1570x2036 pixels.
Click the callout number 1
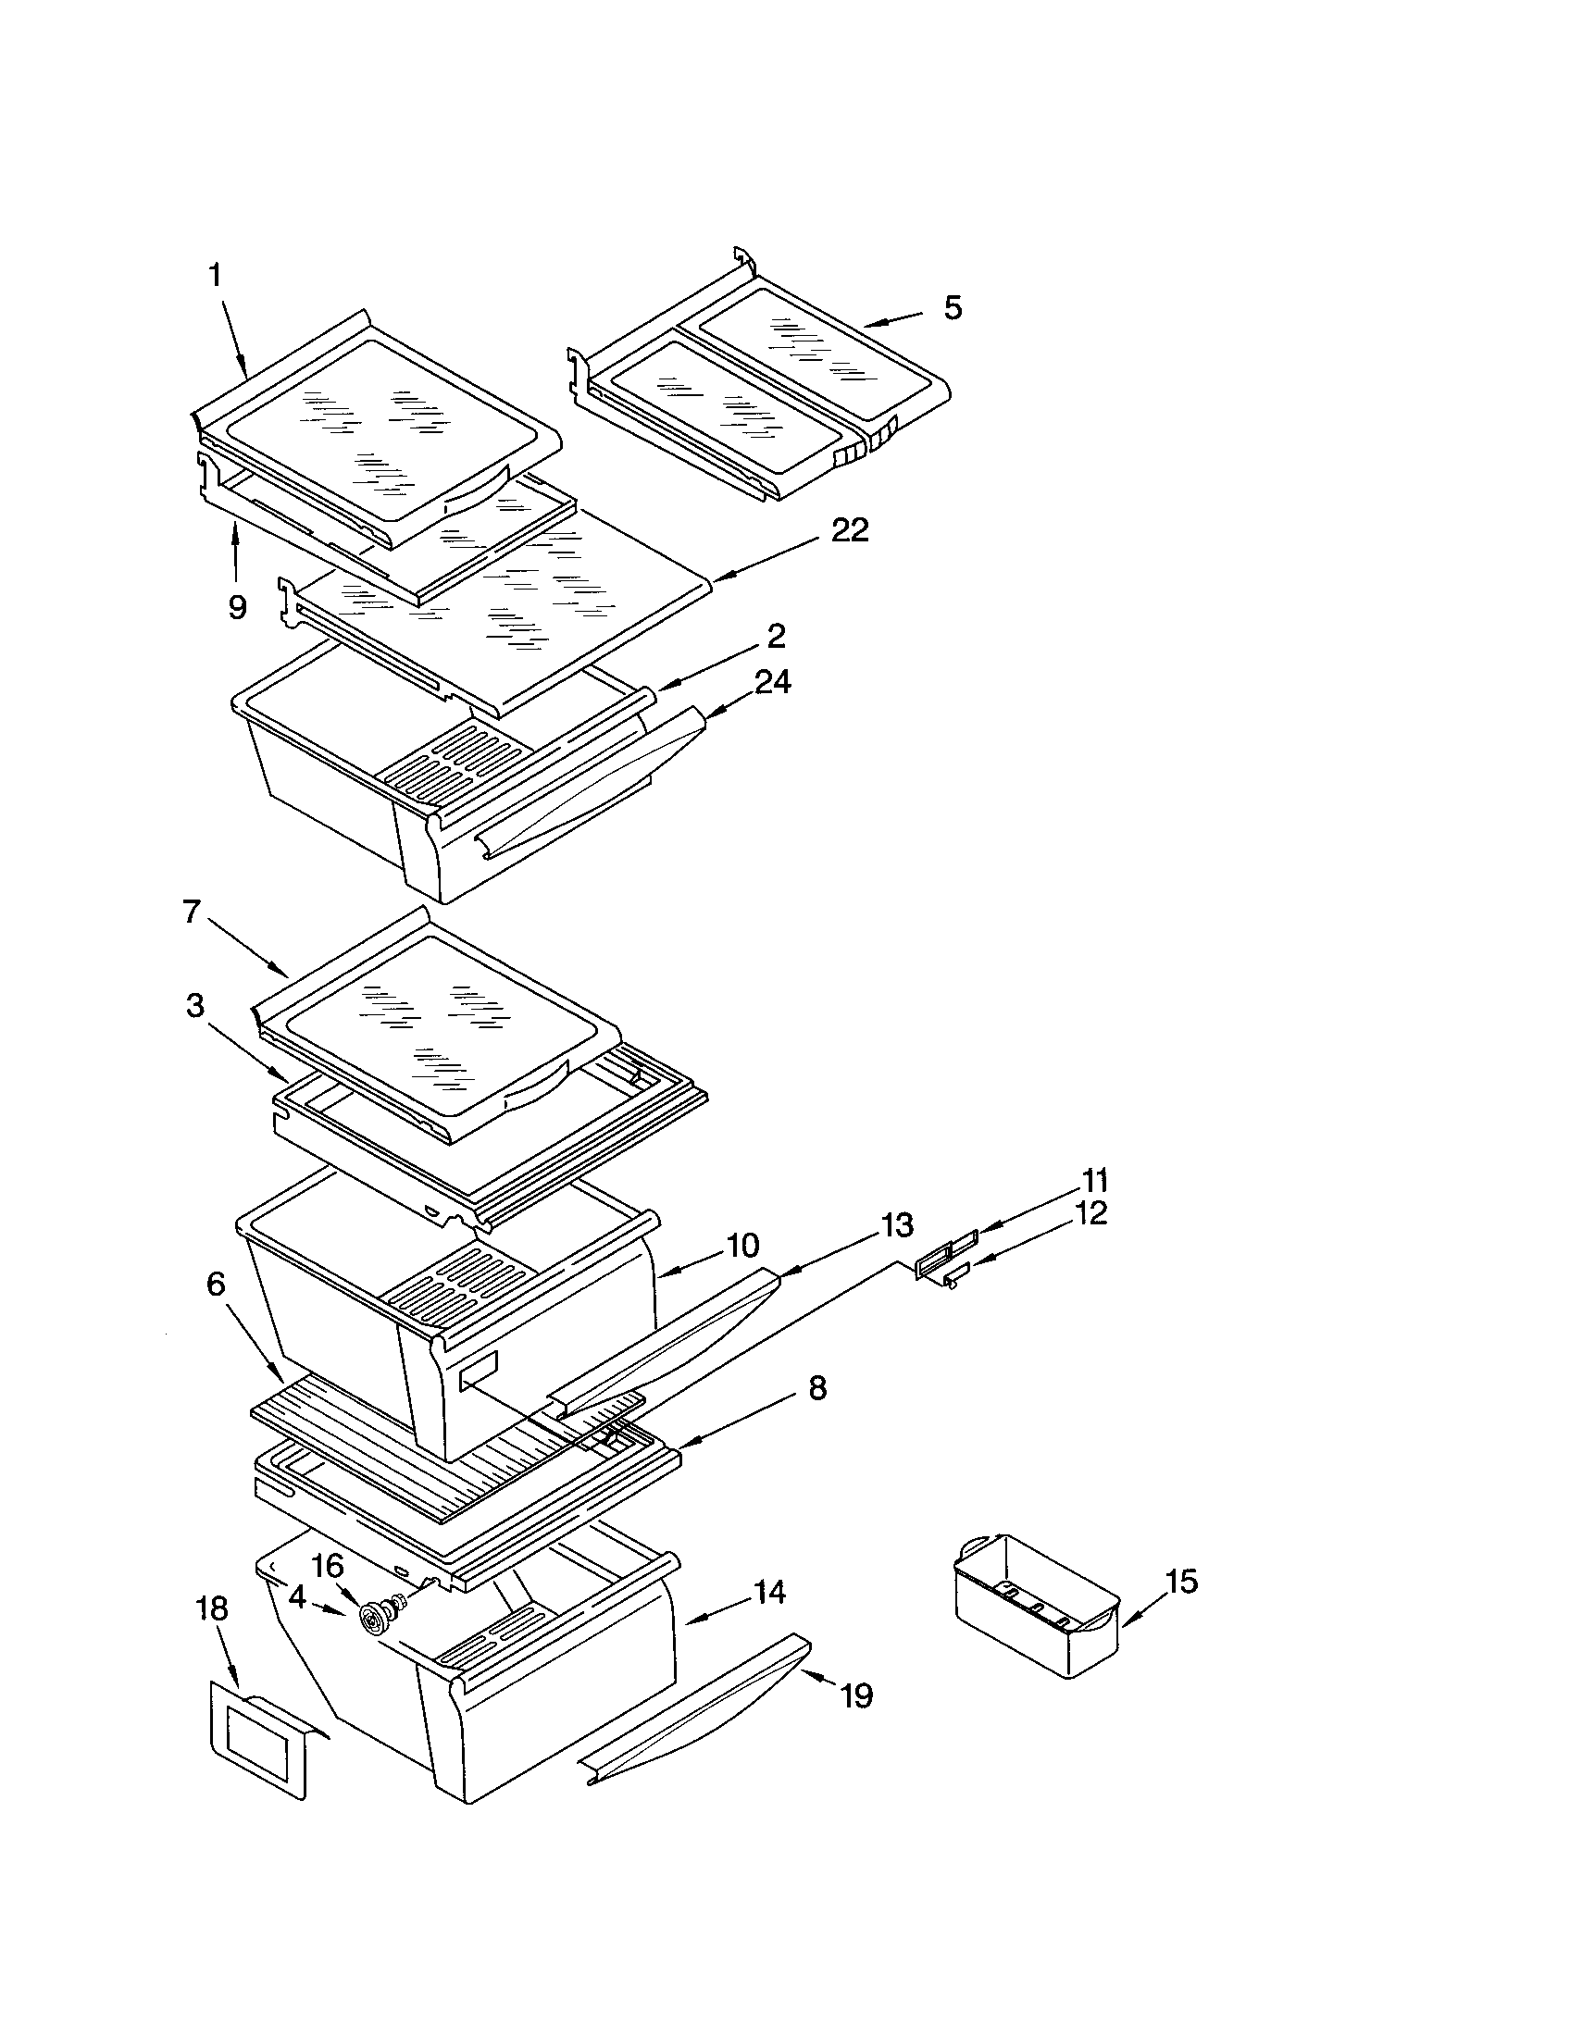click(x=216, y=276)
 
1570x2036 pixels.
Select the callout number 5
click(x=952, y=307)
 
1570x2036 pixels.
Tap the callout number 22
click(x=848, y=530)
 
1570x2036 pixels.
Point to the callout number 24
click(x=772, y=682)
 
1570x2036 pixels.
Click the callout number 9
click(x=237, y=608)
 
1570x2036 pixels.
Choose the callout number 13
click(x=896, y=1226)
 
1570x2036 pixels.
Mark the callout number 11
click(x=1094, y=1181)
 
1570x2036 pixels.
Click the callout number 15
click(x=1181, y=1582)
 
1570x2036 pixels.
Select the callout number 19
click(x=856, y=1695)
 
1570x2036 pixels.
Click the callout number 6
click(x=216, y=1285)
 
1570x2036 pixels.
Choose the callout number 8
click(x=816, y=1388)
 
